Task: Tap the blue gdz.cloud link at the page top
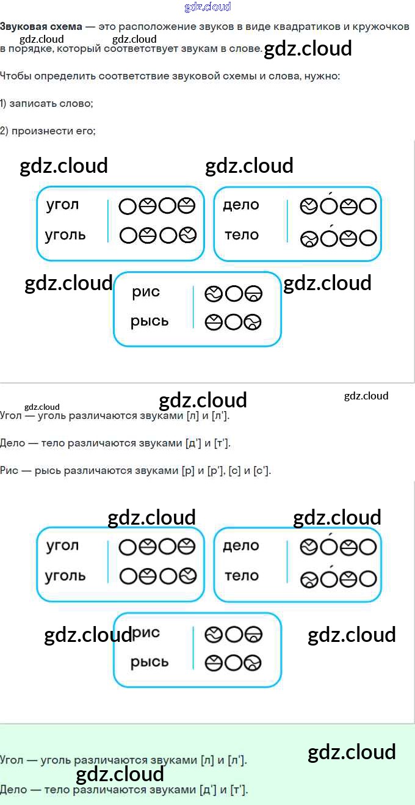coord(208,7)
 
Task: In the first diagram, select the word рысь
coord(149,322)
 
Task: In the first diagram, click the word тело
coord(241,235)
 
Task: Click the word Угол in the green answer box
coord(12,760)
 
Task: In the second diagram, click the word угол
coord(62,546)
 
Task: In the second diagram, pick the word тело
coord(241,576)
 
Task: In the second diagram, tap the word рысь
coord(149,663)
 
